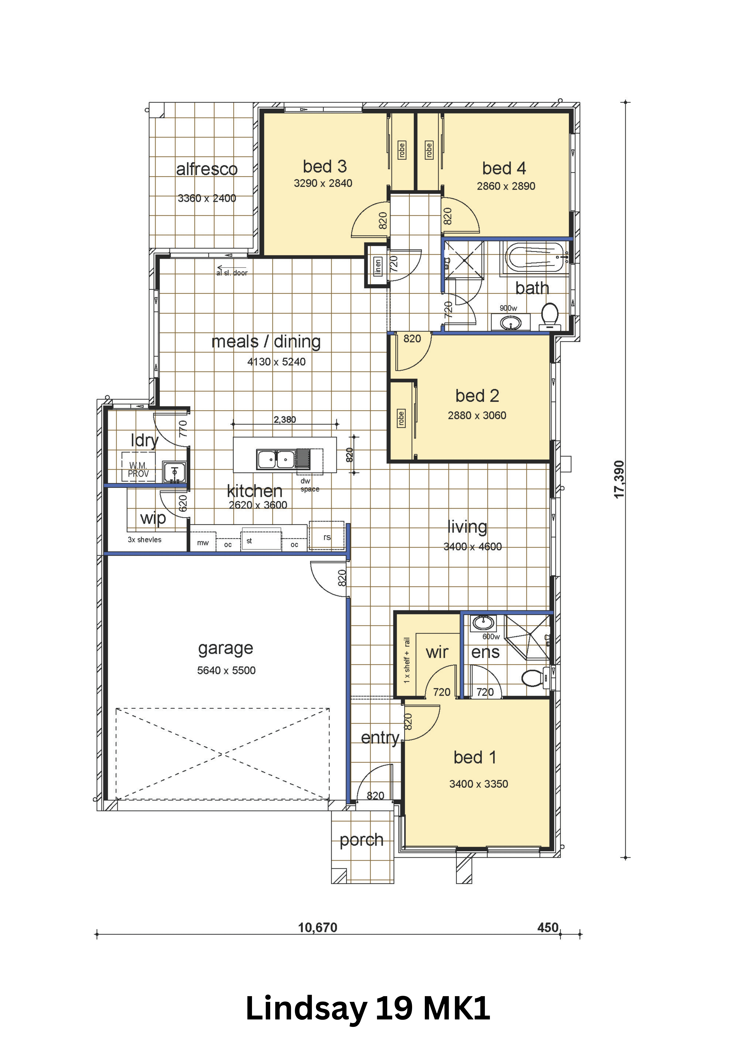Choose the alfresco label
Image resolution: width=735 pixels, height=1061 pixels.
[x=207, y=169]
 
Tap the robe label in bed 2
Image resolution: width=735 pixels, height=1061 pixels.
[x=401, y=418]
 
